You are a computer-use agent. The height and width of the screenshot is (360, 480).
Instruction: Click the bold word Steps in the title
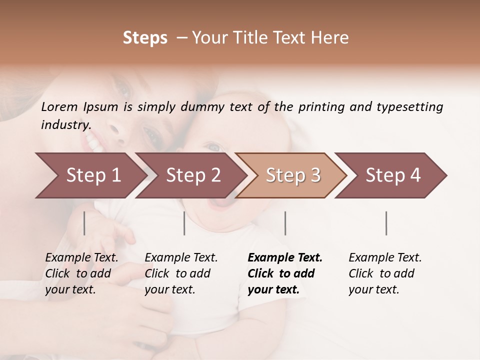point(145,38)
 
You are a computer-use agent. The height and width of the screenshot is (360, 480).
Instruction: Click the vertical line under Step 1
point(84,223)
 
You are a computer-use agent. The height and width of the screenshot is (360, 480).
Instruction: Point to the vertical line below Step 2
point(184,223)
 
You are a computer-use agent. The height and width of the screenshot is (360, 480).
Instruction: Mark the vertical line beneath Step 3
point(285,223)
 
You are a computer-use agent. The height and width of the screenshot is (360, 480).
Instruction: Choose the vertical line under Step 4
point(386,223)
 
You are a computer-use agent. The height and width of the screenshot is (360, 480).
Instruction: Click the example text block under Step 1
point(81,273)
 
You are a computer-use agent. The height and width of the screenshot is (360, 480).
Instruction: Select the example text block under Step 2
point(181,273)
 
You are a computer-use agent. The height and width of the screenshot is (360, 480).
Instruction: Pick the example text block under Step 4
point(385,273)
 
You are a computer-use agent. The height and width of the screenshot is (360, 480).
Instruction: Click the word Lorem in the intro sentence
point(59,106)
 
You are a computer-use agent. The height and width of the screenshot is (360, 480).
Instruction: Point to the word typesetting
point(409,106)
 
